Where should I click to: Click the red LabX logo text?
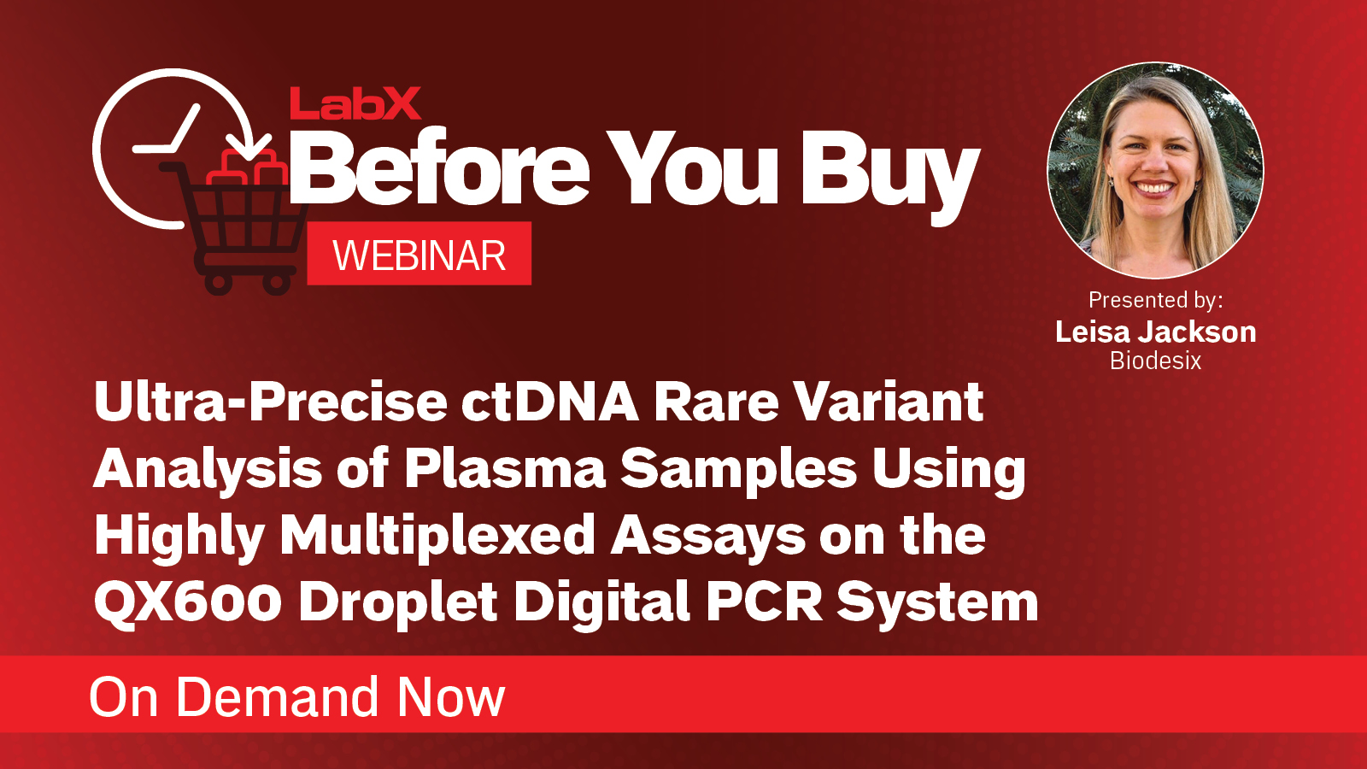click(x=355, y=104)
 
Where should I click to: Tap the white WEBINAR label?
click(x=419, y=255)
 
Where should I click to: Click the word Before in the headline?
click(x=440, y=168)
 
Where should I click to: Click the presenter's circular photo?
click(x=1155, y=171)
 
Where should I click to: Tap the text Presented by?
click(x=1155, y=300)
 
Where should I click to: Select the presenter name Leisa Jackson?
click(x=1155, y=332)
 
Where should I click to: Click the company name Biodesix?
click(x=1155, y=361)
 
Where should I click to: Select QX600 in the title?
click(x=188, y=602)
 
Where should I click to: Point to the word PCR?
click(x=765, y=602)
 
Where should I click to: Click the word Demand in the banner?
click(x=278, y=697)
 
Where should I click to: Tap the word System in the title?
click(x=937, y=603)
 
